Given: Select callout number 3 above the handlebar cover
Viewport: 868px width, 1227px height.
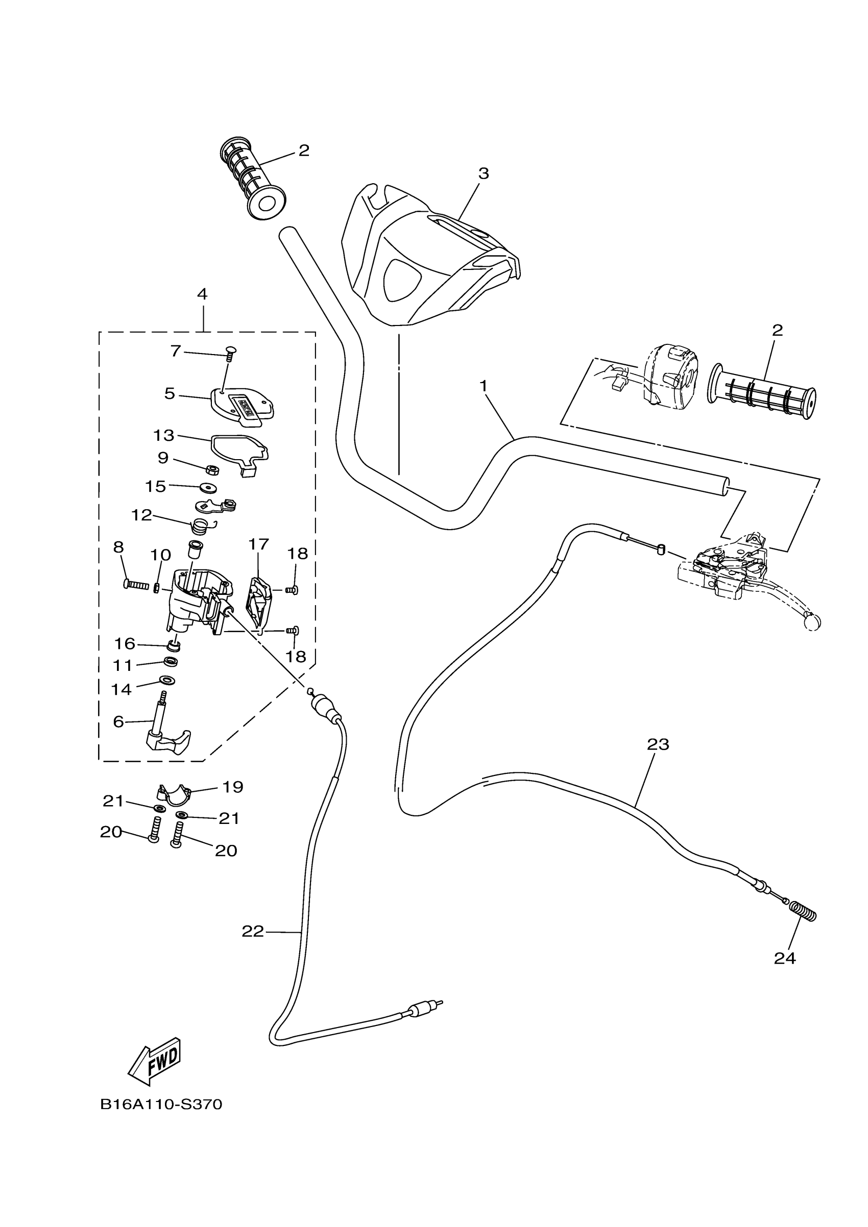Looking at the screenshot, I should (x=484, y=173).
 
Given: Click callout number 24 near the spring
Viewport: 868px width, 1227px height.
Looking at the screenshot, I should (x=785, y=959).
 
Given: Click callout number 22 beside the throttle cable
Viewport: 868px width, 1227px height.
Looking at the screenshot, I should (x=253, y=932).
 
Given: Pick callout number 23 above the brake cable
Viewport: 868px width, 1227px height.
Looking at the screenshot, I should (x=658, y=744).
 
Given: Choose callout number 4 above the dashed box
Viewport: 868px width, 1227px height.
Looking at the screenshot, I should (x=202, y=294).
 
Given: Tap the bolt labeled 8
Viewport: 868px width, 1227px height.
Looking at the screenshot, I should (x=136, y=585).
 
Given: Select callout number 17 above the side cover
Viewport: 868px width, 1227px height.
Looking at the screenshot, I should (x=258, y=544).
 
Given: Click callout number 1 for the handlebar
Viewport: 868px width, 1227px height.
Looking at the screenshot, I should (x=484, y=385).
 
